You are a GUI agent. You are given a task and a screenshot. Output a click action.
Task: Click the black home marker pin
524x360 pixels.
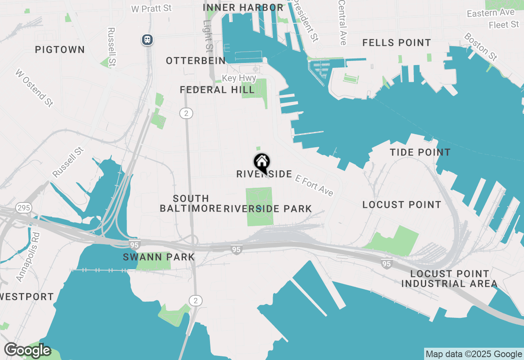(262, 163)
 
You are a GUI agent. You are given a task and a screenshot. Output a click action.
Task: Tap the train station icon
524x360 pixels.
(147, 40)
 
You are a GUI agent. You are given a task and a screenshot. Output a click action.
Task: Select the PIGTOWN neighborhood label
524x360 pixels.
(60, 50)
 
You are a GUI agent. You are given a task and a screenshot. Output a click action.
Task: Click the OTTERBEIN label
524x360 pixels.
(196, 61)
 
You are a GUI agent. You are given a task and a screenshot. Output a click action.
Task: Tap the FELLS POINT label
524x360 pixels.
(397, 43)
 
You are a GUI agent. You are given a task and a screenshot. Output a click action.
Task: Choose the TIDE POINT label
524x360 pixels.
(420, 153)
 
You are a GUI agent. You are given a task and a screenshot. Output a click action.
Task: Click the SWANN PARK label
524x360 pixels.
(159, 257)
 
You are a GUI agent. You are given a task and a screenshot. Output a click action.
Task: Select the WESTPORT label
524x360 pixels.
(27, 297)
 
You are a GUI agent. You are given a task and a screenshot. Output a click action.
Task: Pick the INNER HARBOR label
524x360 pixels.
(243, 8)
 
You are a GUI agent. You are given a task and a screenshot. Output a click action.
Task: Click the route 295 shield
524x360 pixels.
(24, 208)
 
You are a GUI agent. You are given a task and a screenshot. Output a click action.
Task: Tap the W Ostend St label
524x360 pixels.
(34, 88)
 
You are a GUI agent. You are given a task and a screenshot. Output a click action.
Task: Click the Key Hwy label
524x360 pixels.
(239, 78)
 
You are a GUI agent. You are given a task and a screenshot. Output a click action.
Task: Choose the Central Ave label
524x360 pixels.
(342, 22)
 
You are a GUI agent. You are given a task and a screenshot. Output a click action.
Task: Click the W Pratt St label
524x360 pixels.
(151, 9)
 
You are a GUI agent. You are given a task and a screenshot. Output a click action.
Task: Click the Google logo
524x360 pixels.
(27, 351)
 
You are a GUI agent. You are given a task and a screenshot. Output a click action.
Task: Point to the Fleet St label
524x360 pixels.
(504, 25)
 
